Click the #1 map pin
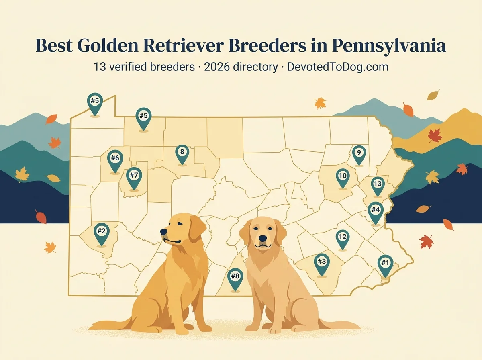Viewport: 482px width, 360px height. [x=385, y=264]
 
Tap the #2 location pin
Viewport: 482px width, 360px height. [x=101, y=232]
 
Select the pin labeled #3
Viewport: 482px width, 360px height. [x=321, y=262]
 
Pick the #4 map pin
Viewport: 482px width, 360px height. [x=376, y=210]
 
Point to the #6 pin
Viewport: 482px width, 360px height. [x=115, y=159]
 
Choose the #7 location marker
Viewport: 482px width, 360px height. [x=134, y=176]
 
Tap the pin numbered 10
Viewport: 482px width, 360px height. [x=343, y=176]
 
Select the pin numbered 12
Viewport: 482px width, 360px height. [x=342, y=237]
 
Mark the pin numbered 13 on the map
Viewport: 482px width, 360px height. [x=377, y=184]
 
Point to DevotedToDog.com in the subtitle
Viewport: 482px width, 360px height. [x=337, y=67]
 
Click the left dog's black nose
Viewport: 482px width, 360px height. [x=163, y=232]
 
